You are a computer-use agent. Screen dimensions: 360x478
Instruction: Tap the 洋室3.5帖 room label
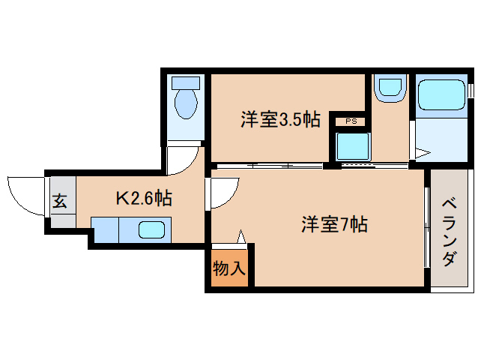coord(280,119)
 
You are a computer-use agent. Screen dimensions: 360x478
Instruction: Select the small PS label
coord(350,121)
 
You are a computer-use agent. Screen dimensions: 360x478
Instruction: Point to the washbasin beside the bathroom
coord(390,88)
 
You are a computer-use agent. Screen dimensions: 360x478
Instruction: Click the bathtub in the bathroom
coord(441,96)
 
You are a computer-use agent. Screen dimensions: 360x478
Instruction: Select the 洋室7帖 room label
coord(334,223)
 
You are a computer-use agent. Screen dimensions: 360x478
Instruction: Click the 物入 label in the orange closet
coord(229,268)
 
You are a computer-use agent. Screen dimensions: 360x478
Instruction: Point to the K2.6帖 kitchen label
coord(144,198)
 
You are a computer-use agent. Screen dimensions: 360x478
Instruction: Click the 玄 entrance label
coord(59,201)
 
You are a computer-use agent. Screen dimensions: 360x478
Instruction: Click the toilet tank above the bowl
coord(184,82)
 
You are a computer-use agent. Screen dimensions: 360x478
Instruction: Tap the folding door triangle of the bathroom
coord(422,154)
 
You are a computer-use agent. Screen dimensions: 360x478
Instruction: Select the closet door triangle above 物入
coord(241,236)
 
